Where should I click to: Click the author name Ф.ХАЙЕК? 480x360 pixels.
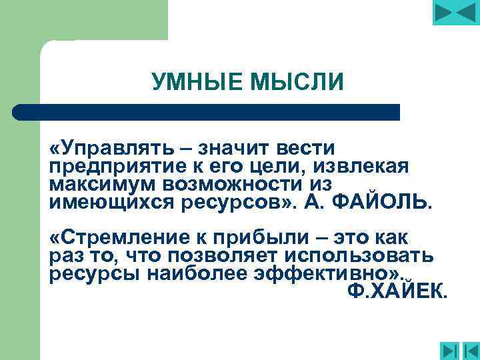[398, 292]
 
